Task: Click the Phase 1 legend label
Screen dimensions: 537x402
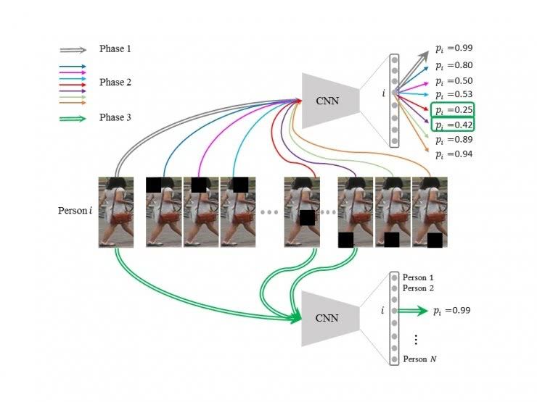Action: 115,49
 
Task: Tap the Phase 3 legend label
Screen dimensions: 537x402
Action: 115,117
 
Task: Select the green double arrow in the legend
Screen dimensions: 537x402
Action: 73,119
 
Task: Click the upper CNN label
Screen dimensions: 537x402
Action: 327,101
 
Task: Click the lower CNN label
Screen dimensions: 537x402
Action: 327,318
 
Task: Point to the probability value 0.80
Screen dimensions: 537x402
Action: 454,65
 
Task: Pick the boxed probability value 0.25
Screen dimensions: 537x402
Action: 453,110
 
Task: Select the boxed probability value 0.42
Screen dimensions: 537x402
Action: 453,125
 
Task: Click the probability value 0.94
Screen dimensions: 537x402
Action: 454,154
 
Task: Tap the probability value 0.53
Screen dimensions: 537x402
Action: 454,94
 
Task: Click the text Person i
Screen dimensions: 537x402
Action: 75,211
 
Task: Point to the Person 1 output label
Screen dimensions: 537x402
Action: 418,277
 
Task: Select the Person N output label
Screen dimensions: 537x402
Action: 419,359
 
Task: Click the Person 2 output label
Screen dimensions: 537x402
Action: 418,288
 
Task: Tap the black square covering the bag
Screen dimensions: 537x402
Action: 307,218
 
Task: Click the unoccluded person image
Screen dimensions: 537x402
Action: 116,212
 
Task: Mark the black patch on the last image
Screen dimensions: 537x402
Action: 435,240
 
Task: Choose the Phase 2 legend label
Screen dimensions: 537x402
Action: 115,83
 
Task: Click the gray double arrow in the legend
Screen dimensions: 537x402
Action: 73,50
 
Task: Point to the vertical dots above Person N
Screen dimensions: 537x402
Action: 416,340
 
